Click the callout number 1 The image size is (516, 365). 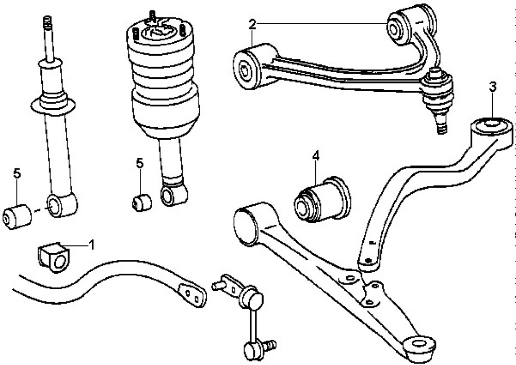92,244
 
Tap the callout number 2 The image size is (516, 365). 252,24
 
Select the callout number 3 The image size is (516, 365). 493,87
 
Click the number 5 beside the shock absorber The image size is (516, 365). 17,174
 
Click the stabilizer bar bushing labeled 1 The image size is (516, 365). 54,256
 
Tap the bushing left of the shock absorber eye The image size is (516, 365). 18,215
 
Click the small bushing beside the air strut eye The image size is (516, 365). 141,202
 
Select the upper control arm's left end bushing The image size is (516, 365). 247,67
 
